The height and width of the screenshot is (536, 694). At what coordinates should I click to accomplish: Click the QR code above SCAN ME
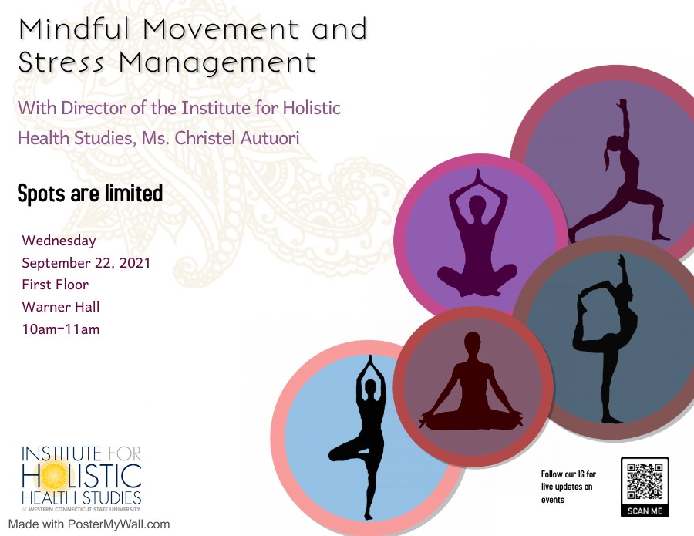(x=645, y=481)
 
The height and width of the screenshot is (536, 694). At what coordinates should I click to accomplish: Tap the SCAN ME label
(x=645, y=511)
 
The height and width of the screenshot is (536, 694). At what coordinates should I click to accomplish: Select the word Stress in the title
(x=61, y=62)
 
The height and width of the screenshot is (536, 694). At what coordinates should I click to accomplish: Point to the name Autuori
(x=270, y=137)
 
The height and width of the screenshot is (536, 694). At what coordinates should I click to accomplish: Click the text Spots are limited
(x=90, y=194)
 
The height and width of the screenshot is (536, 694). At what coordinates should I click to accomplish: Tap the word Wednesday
(x=59, y=241)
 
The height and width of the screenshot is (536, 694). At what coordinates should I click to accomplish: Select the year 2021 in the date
(x=135, y=262)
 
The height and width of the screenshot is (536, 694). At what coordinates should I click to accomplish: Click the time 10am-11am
(x=61, y=329)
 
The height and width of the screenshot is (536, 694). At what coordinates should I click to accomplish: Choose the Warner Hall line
(x=61, y=306)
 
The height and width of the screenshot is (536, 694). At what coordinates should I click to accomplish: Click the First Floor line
(x=56, y=284)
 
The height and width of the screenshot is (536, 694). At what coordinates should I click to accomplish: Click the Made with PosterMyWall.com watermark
(x=89, y=524)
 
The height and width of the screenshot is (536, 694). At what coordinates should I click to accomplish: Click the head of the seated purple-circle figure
(x=477, y=205)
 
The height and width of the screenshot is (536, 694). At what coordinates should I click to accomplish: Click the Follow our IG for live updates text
(x=568, y=487)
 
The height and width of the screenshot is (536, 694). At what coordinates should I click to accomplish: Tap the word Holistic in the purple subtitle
(x=312, y=108)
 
